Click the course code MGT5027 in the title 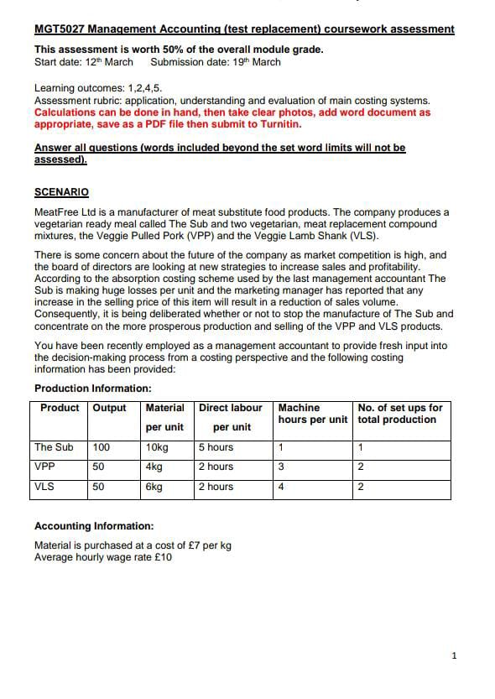(60, 29)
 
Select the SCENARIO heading (61, 192)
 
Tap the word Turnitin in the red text (280, 124)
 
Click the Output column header (109, 408)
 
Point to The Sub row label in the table (54, 447)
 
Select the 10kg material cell (156, 447)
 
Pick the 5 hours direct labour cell (216, 447)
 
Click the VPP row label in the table (45, 467)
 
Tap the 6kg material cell (154, 487)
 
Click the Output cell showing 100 (102, 447)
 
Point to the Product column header (60, 408)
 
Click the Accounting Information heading (94, 526)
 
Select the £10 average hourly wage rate (160, 557)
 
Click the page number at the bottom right (454, 655)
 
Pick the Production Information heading (92, 389)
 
